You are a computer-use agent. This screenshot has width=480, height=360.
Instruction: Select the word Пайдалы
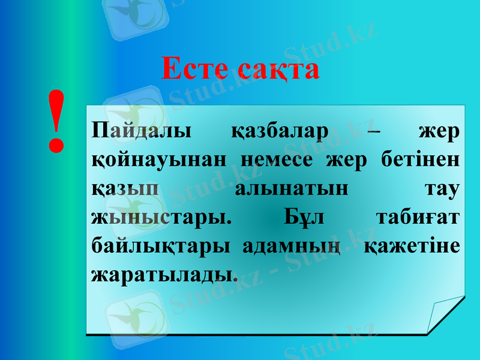pyautogui.click(x=141, y=131)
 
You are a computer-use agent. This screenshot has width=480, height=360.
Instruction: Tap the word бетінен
pyautogui.click(x=421, y=160)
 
